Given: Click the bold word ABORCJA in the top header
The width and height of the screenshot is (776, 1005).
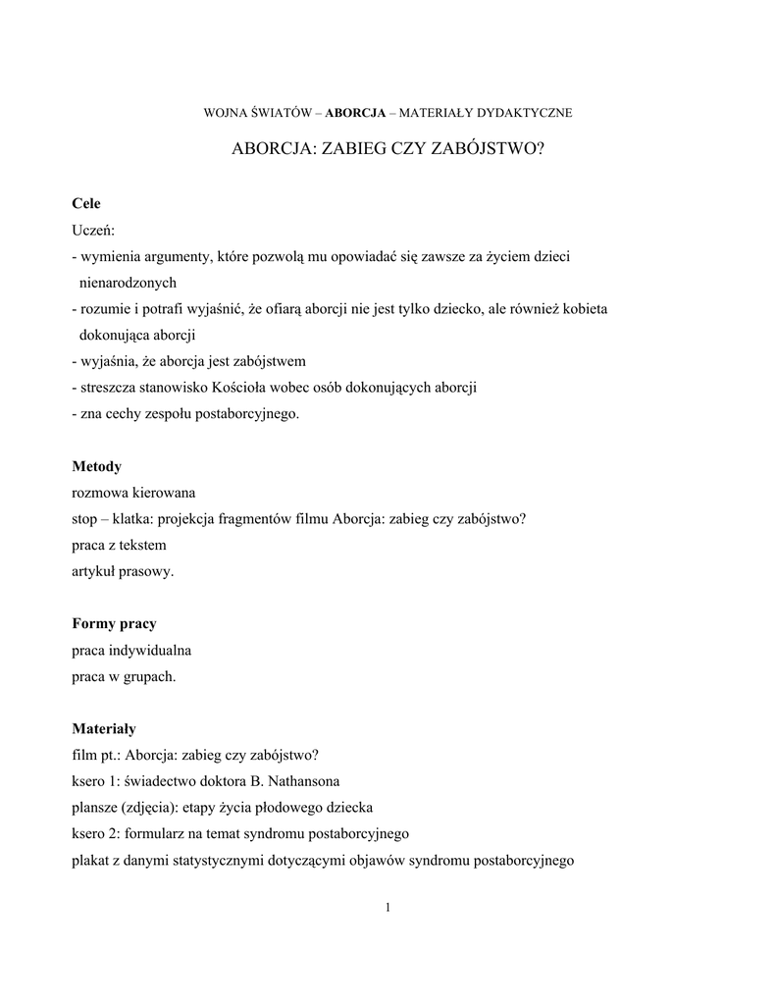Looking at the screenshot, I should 355,113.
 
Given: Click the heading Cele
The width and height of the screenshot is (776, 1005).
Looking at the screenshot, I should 86,203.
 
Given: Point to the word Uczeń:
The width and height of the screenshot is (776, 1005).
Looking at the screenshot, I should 93,230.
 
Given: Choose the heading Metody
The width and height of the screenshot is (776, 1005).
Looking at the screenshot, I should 96,466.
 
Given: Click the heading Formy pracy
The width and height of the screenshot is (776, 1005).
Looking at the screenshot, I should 114,624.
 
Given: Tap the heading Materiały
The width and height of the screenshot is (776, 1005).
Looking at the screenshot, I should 104,729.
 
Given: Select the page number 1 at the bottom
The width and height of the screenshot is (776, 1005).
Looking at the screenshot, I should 388,907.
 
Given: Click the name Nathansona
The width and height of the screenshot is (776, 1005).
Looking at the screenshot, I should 304,782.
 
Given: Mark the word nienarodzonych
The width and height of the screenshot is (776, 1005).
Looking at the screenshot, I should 128,283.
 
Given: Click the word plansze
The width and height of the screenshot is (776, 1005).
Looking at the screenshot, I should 94,809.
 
